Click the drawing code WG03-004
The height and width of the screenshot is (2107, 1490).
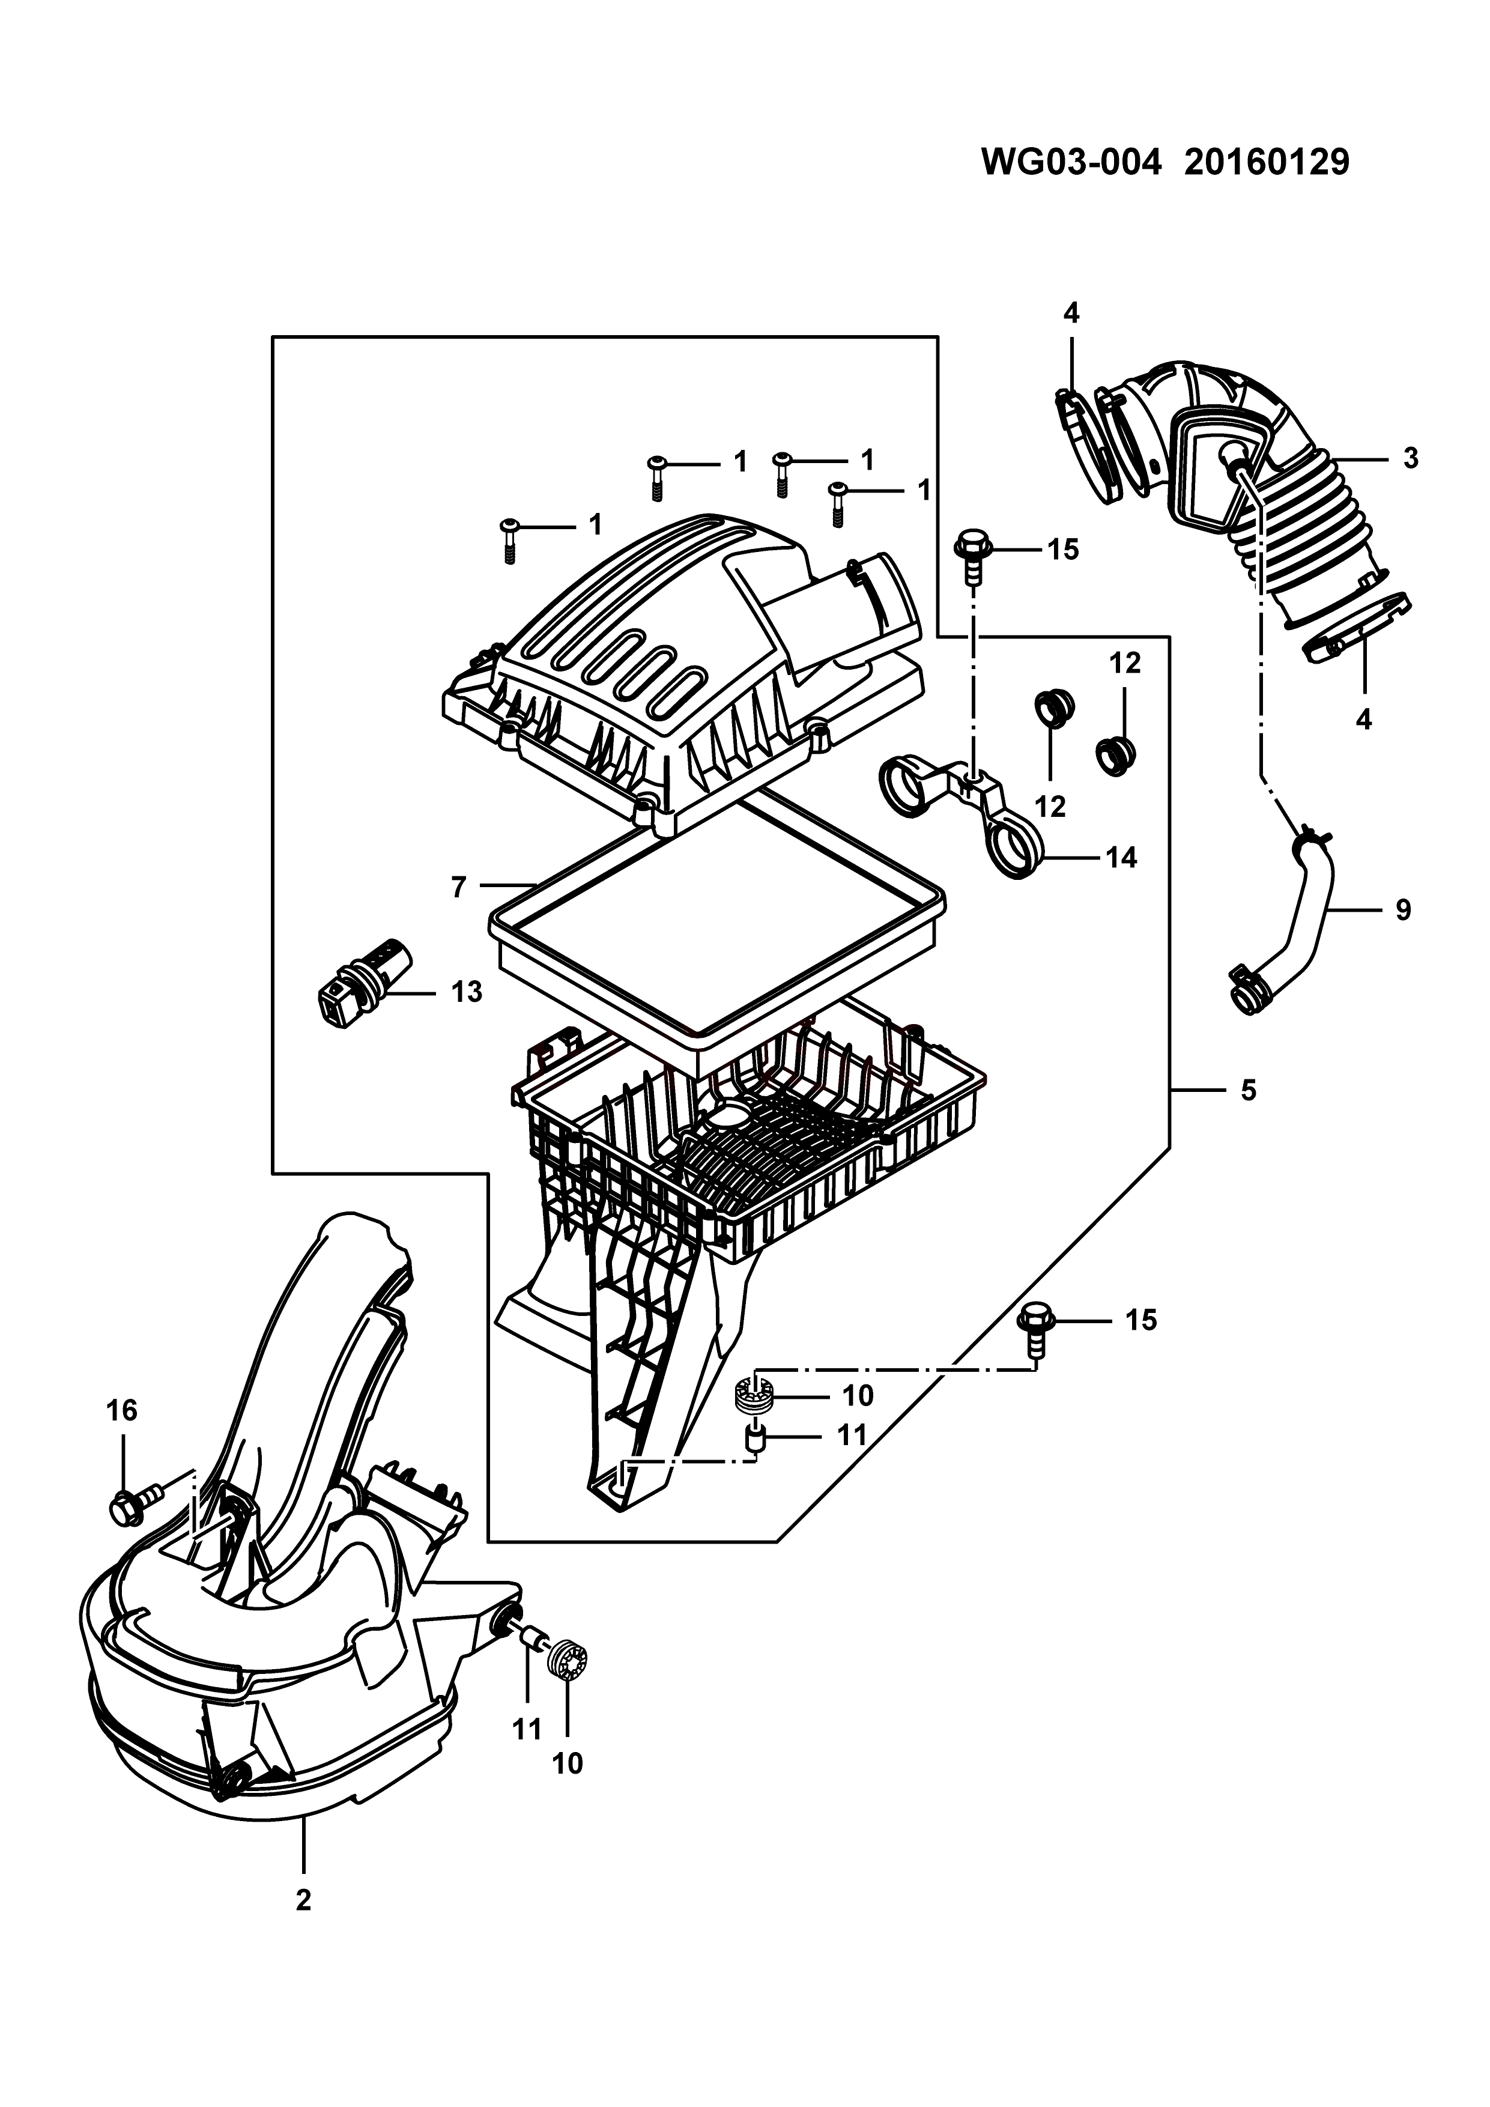click(x=1071, y=162)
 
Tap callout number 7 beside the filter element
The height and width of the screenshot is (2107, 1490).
click(x=459, y=887)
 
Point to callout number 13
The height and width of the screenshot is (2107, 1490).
click(x=467, y=992)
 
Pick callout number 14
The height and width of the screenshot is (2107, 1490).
click(x=1121, y=858)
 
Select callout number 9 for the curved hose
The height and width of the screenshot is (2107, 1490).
click(x=1403, y=911)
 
